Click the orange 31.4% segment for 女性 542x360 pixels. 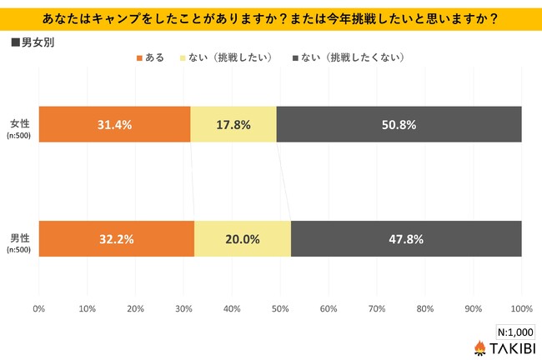(x=114, y=124)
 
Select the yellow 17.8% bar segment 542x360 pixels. (x=233, y=124)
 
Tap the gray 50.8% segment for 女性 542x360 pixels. (x=399, y=124)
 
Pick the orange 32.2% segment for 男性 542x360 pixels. (x=116, y=238)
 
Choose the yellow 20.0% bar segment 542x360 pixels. (x=242, y=238)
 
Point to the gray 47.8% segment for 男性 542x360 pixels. (x=406, y=238)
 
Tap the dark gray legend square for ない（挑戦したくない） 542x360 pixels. (x=296, y=58)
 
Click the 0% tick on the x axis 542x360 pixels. (x=38, y=309)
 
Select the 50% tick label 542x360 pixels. (x=280, y=309)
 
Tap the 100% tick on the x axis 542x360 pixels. (x=521, y=309)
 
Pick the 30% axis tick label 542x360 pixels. (x=183, y=309)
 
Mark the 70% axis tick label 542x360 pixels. (x=377, y=309)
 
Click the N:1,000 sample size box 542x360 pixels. (x=514, y=330)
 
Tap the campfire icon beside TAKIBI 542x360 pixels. (x=479, y=347)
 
